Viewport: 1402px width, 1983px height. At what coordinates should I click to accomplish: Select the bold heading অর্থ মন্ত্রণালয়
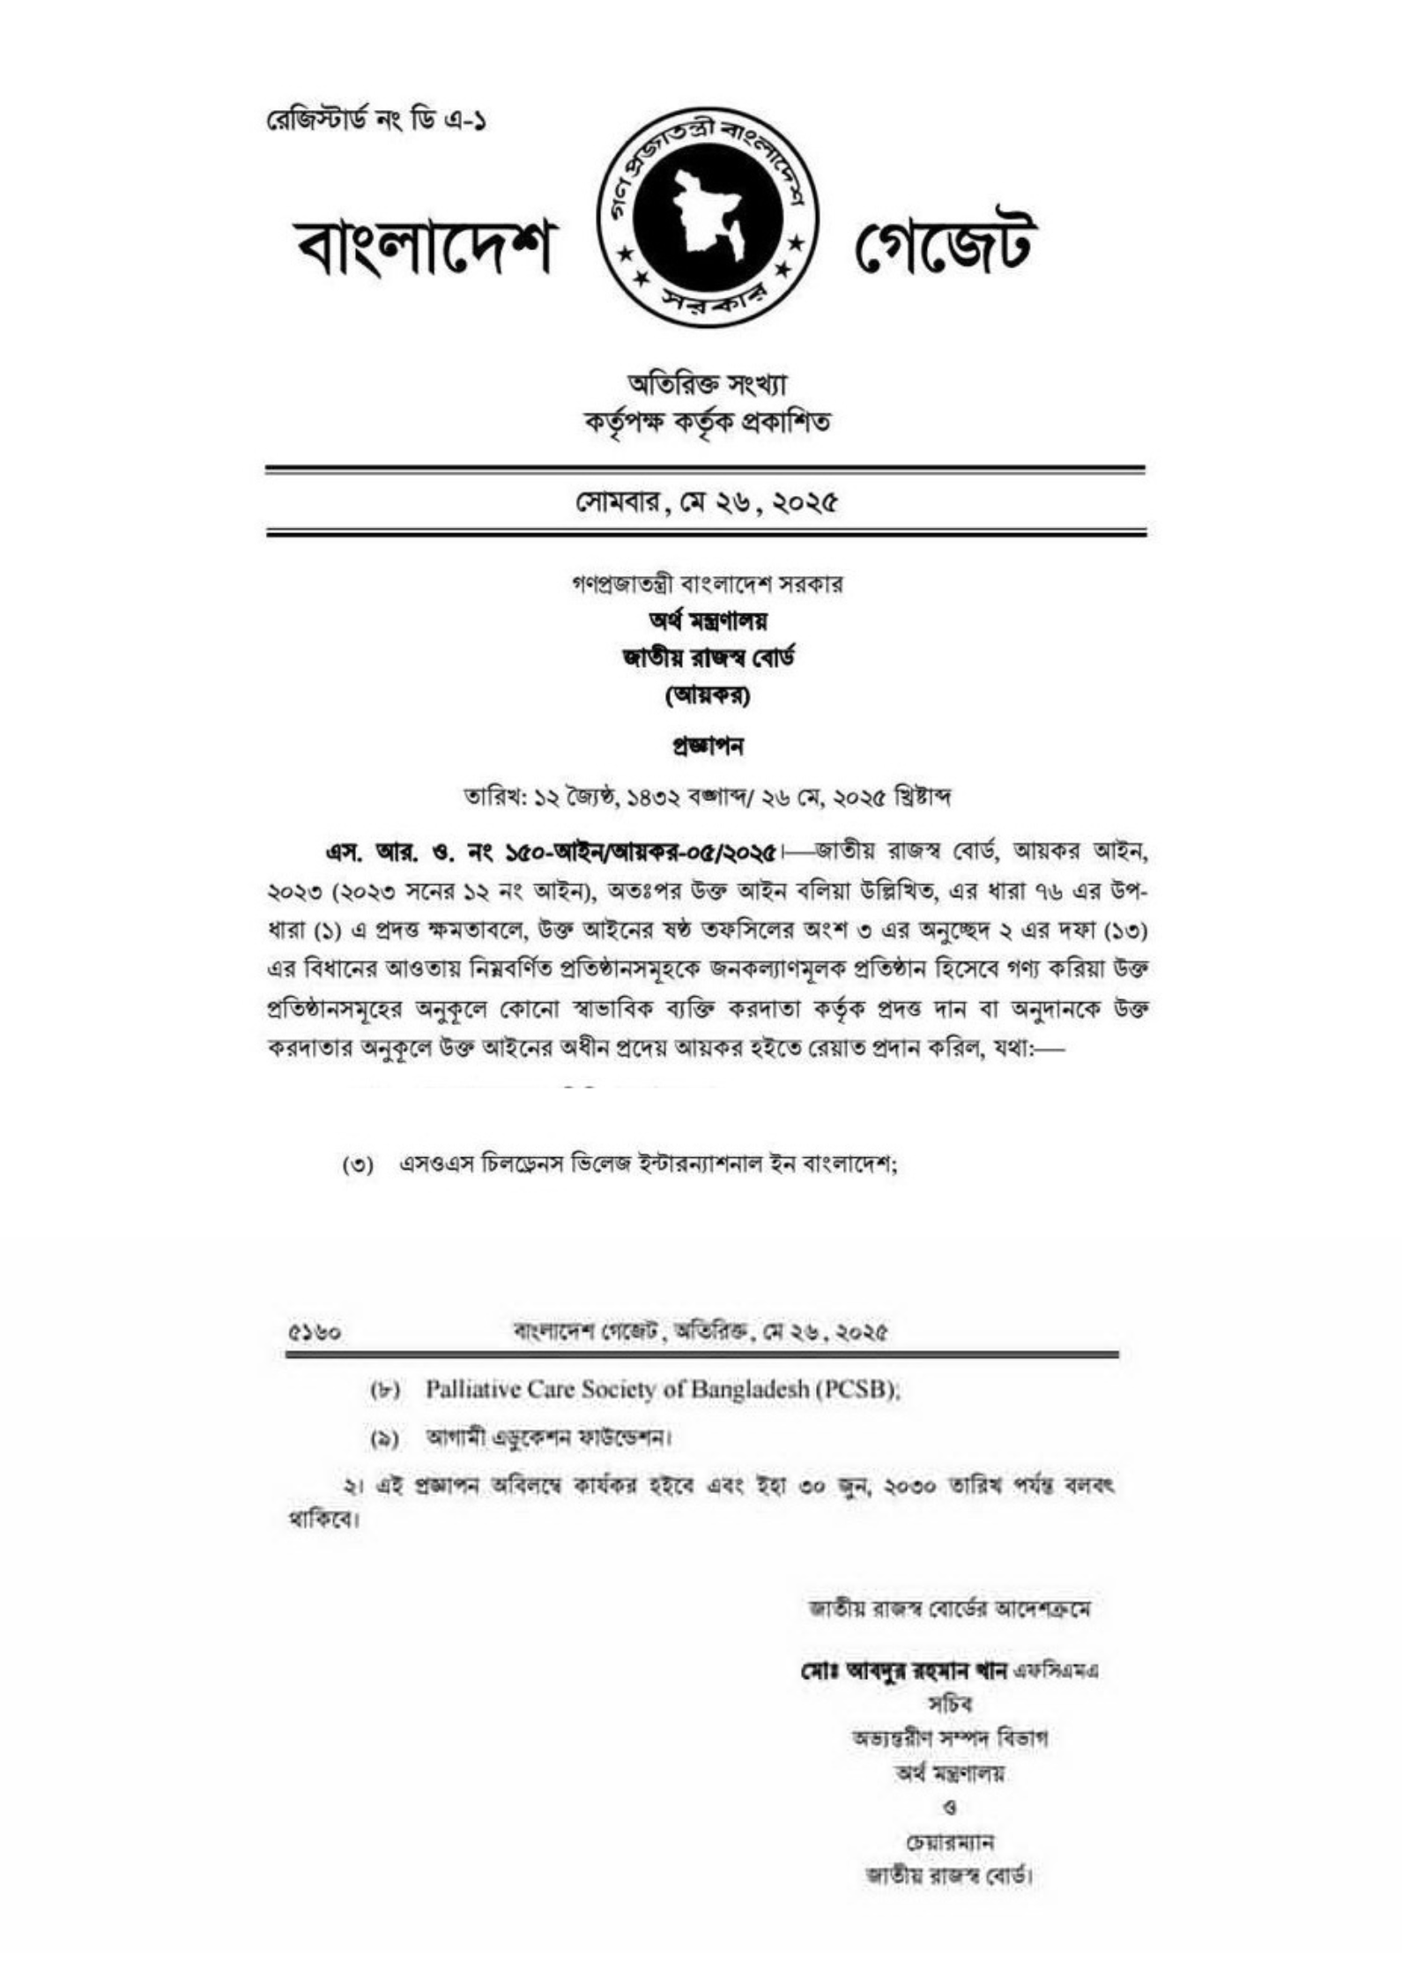point(706,621)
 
